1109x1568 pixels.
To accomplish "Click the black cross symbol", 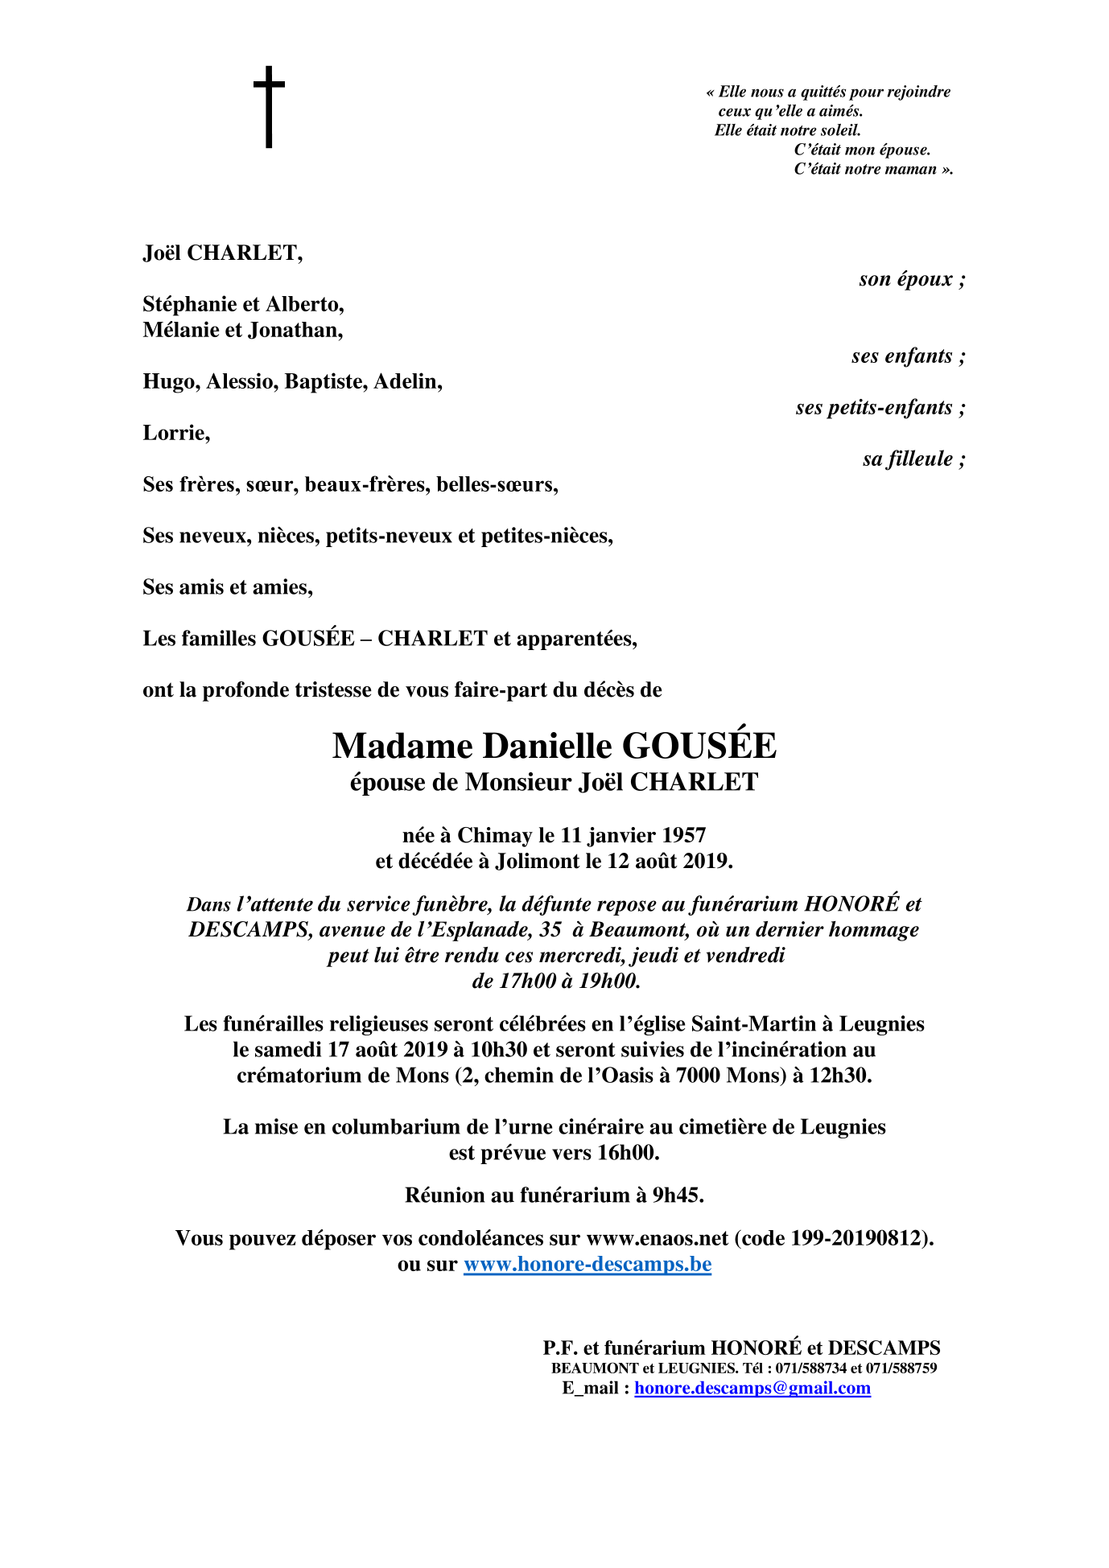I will [x=269, y=106].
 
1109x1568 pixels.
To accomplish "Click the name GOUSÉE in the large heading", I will [x=699, y=747].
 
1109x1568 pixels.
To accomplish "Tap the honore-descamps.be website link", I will [x=587, y=1264].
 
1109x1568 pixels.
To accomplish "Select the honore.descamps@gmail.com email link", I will [x=752, y=1388].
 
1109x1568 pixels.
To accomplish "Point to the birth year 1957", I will [x=683, y=836].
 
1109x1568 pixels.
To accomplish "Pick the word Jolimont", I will [x=538, y=862].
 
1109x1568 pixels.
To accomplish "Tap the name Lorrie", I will [x=175, y=434].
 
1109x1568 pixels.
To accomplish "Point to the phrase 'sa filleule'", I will [x=908, y=459].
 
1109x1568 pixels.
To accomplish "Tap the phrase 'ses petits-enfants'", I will [x=874, y=408].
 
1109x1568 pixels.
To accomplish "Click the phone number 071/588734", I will [x=811, y=1368].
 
